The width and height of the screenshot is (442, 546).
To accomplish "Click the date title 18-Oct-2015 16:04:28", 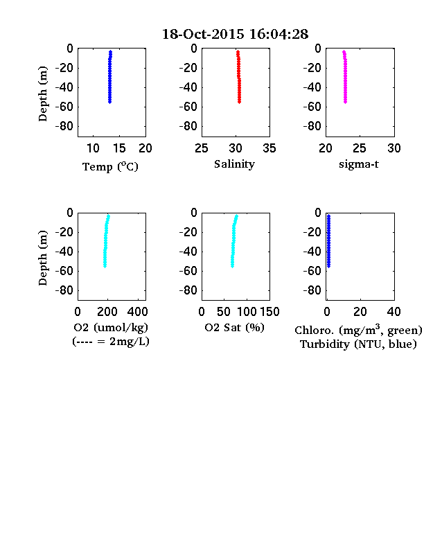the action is click(x=236, y=34).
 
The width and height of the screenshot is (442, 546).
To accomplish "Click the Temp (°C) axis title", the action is click(x=110, y=167).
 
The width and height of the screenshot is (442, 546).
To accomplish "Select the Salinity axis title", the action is click(x=234, y=164).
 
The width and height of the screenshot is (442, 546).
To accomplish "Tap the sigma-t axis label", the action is click(x=358, y=164).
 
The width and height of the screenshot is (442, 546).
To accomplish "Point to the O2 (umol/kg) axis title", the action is click(x=111, y=327).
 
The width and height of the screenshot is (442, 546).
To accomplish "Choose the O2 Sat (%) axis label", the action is click(x=235, y=327).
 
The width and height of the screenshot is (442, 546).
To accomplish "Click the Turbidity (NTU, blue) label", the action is click(x=358, y=344).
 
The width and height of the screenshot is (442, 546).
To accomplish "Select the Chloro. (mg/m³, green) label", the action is click(x=358, y=330).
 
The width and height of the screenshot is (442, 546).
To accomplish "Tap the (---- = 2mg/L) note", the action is click(x=111, y=341).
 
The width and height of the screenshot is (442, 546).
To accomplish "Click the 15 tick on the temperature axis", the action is click(x=119, y=148).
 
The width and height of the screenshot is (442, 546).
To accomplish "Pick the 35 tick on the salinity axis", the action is click(x=269, y=148).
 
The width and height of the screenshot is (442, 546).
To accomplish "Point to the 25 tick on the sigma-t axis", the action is click(x=360, y=148).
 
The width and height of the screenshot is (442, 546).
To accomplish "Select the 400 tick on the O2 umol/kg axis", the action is click(x=138, y=312).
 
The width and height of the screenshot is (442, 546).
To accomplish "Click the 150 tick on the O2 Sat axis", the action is click(x=269, y=312).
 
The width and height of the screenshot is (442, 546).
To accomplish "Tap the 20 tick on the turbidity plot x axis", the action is click(x=360, y=312).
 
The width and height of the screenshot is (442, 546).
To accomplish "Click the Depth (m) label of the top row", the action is click(x=42, y=94).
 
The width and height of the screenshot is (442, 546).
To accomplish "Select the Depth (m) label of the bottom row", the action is click(x=42, y=258).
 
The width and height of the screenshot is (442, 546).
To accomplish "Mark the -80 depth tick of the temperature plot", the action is click(x=64, y=126).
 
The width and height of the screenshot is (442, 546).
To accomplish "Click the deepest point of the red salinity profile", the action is click(x=240, y=102).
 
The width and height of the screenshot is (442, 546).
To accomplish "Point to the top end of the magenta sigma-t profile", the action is click(x=344, y=51).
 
